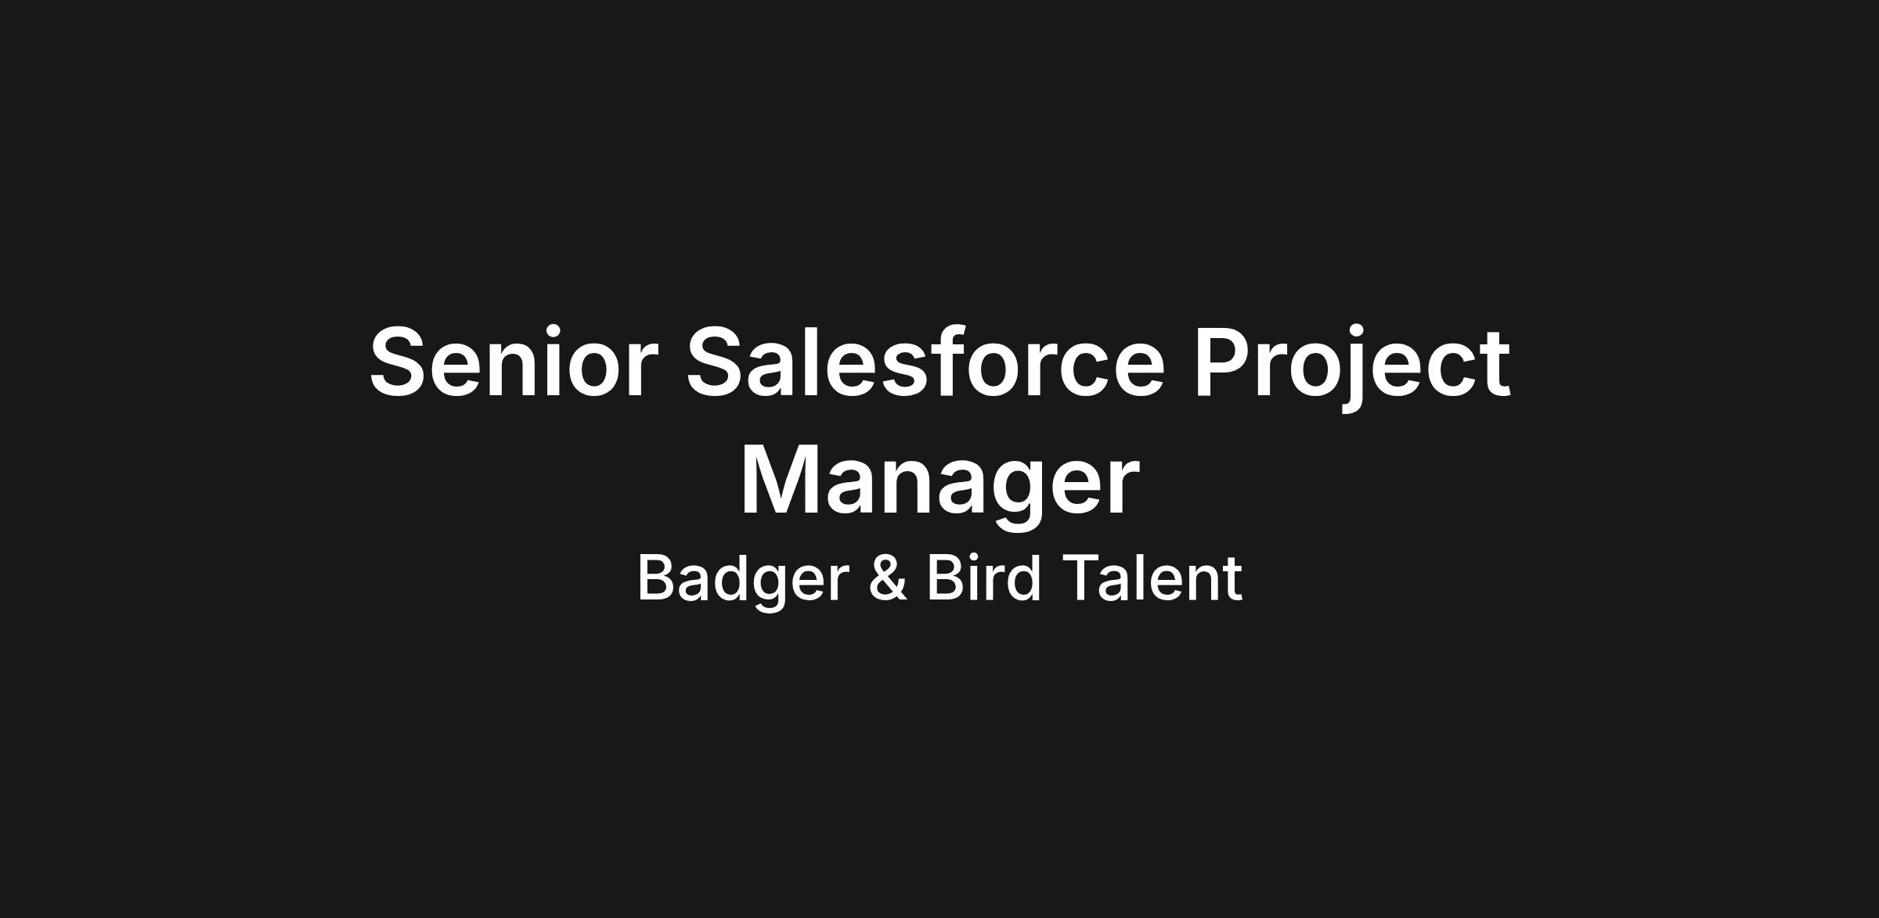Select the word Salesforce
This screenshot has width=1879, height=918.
[925, 361]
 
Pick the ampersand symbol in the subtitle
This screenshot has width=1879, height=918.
[888, 578]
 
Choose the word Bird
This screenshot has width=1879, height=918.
[984, 577]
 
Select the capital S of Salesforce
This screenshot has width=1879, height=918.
[717, 362]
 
